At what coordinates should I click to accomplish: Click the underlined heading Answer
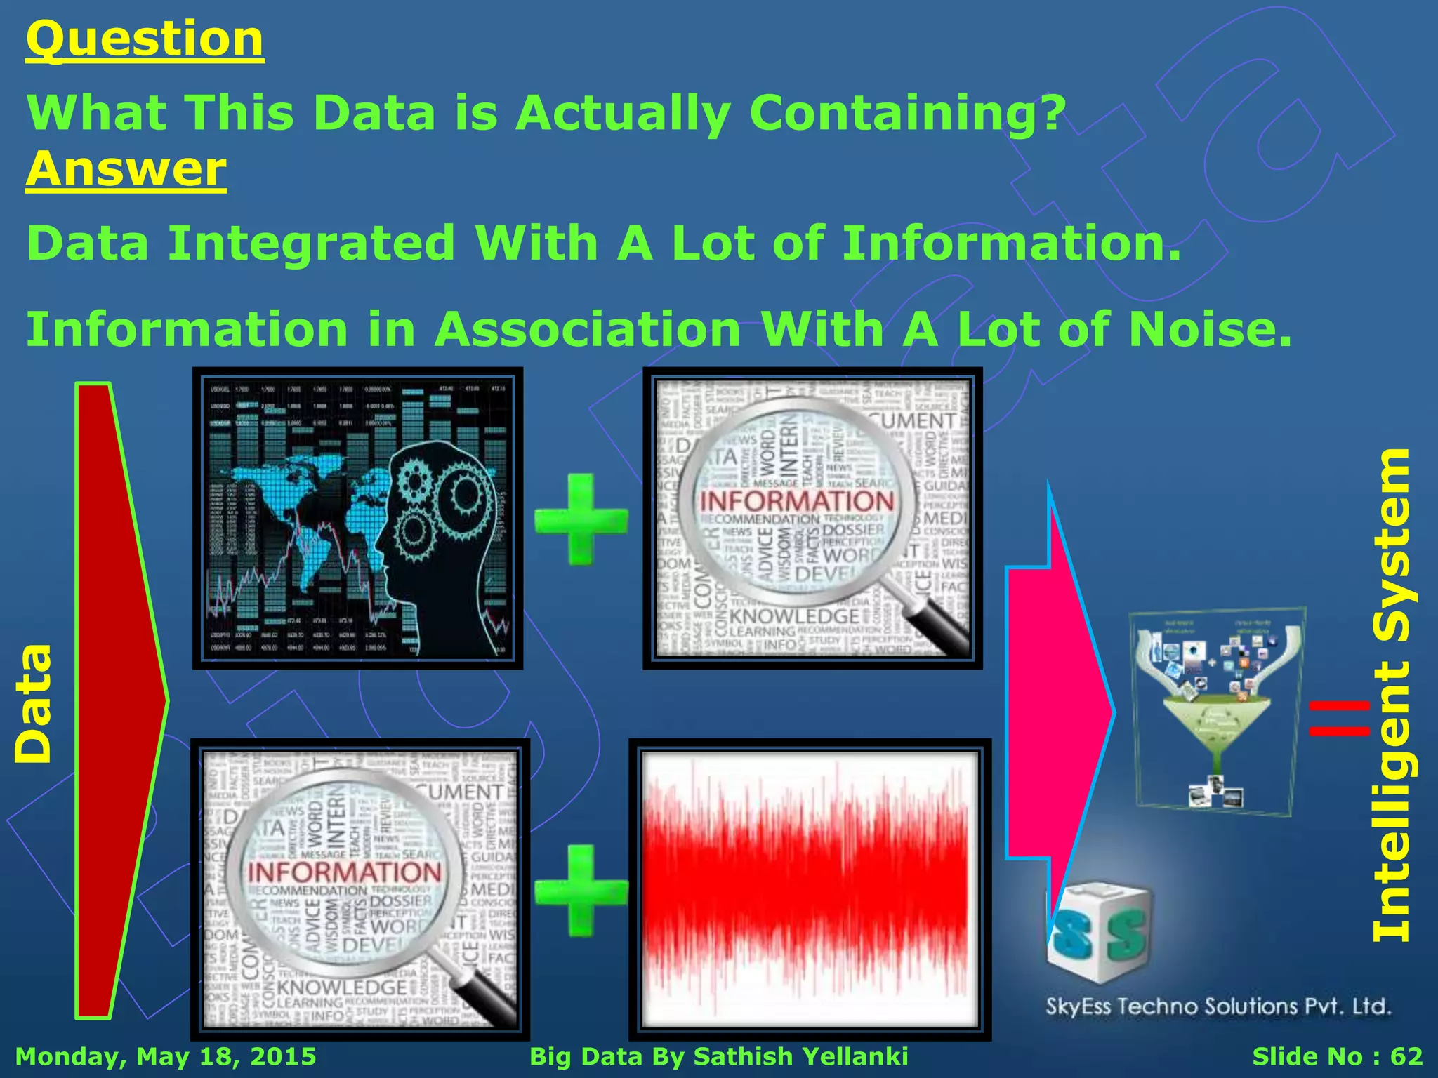click(x=126, y=169)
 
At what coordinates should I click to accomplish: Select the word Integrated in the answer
click(x=312, y=243)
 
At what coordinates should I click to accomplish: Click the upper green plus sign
click(x=581, y=519)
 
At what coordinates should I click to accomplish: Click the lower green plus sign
click(x=581, y=891)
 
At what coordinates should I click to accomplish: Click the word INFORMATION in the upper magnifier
click(x=796, y=501)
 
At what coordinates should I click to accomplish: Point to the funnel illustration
click(x=1217, y=709)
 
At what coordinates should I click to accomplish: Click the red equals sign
click(x=1340, y=719)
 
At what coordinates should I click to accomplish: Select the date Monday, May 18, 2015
click(x=166, y=1056)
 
